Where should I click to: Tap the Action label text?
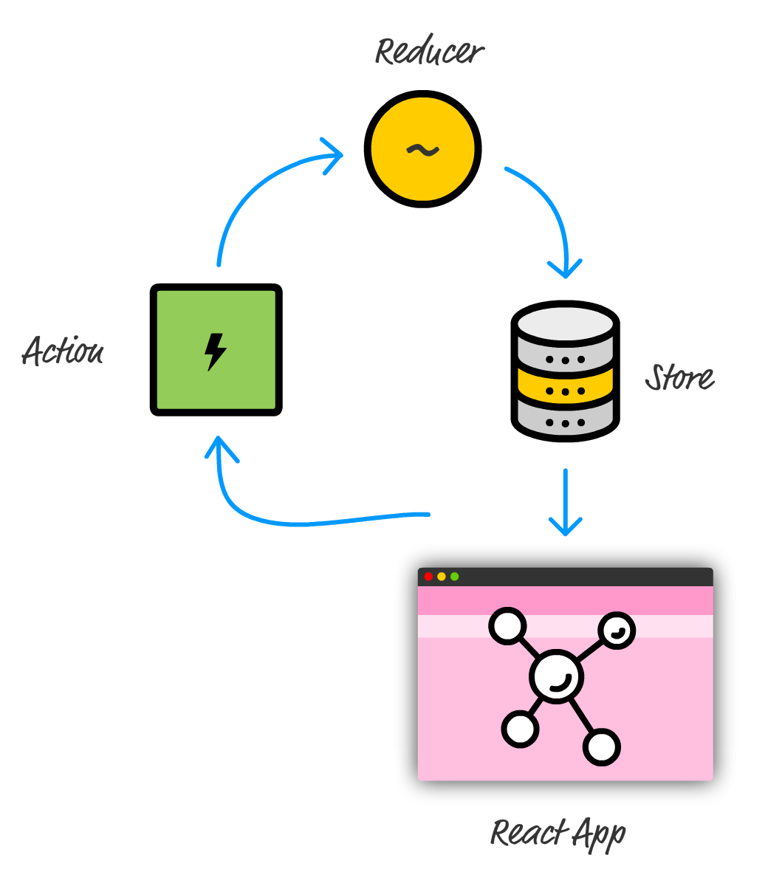(64, 351)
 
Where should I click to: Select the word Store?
(679, 377)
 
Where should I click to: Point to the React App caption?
(558, 834)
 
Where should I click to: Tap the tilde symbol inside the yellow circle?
(422, 150)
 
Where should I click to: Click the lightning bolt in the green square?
(215, 351)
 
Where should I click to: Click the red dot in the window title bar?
(428, 577)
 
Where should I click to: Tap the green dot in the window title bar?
(455, 577)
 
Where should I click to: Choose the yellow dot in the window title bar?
(442, 577)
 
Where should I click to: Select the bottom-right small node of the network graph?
(602, 747)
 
